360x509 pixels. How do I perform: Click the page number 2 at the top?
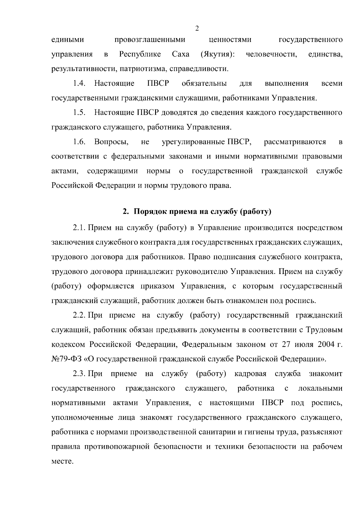(x=197, y=29)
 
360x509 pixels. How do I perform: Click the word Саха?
(x=181, y=55)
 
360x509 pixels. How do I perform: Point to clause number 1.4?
(x=79, y=84)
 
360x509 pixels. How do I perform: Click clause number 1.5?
(x=79, y=113)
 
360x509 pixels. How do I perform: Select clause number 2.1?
(x=79, y=228)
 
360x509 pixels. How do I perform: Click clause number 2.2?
(x=79, y=315)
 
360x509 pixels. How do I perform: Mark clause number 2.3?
(x=79, y=374)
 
